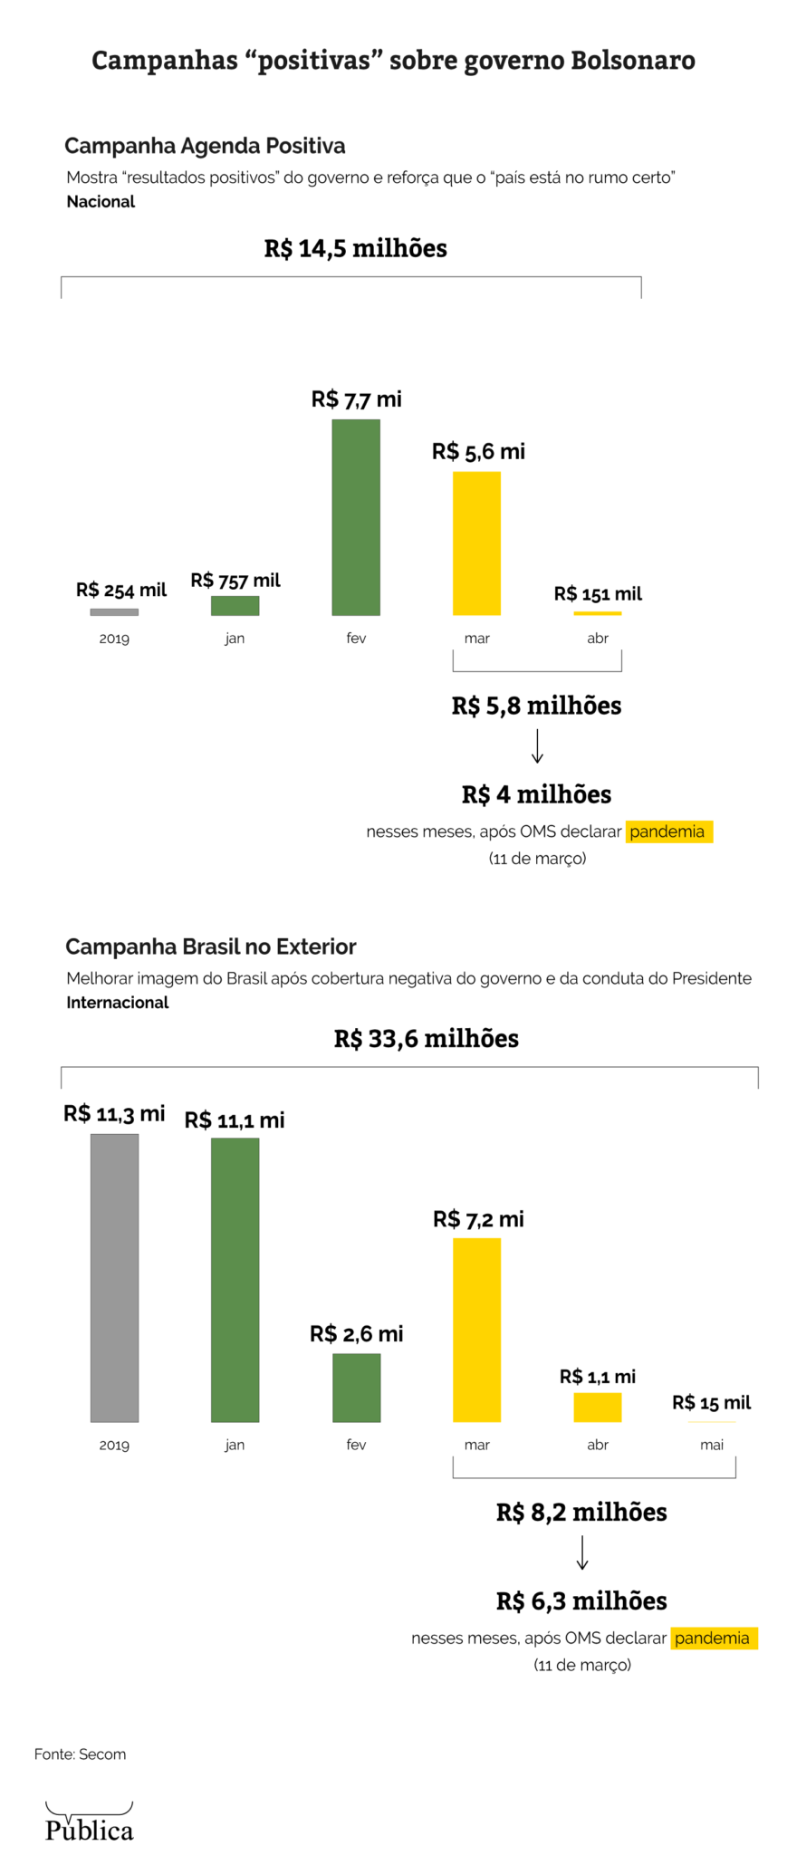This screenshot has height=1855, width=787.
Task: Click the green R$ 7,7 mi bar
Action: point(356,517)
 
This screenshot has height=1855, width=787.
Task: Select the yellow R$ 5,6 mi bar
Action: point(476,543)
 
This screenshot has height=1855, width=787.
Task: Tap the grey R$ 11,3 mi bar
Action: point(114,1277)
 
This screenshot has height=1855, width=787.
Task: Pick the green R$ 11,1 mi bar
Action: point(235,1279)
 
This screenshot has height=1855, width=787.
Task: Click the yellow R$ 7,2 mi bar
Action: point(476,1329)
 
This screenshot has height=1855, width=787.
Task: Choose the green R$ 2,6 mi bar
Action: point(356,1387)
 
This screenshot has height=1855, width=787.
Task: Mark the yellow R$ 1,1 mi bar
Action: point(597,1407)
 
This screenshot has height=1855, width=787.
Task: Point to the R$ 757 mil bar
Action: point(235,605)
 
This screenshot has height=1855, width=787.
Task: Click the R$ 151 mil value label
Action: point(598,594)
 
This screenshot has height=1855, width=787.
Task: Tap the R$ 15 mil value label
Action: point(711,1402)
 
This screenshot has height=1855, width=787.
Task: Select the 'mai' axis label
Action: point(711,1445)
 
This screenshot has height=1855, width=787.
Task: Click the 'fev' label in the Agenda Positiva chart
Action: point(356,639)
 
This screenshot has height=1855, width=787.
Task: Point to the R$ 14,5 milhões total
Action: point(355,248)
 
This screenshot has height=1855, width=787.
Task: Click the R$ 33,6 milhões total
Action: point(426,1038)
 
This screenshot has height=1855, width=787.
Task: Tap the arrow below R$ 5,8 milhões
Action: point(537,746)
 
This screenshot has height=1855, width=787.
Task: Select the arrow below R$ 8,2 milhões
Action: point(582,1552)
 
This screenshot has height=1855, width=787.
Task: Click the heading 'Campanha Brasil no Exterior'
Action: point(210,947)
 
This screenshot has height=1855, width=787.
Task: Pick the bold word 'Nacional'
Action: point(101,201)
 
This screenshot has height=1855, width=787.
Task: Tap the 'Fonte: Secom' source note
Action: point(80,1754)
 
